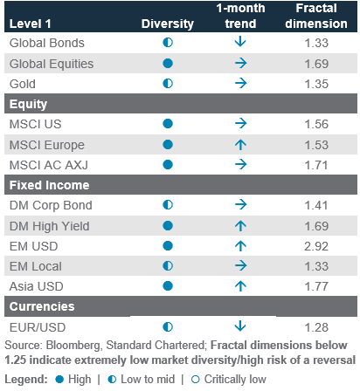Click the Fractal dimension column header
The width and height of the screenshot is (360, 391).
316,16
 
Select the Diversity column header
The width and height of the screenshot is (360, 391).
168,24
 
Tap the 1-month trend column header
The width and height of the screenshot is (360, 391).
240,16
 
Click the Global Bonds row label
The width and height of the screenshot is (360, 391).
47,43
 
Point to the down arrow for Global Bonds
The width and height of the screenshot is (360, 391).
240,42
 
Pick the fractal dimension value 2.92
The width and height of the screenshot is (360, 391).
316,246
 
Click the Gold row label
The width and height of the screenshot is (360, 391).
23,84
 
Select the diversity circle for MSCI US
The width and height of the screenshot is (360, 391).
168,124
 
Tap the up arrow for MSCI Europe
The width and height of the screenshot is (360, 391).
240,145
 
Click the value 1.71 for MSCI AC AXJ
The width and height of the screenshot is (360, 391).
316,165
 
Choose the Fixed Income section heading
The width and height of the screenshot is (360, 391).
50,185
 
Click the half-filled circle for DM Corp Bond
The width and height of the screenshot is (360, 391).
168,205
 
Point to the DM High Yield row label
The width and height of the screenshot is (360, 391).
50,226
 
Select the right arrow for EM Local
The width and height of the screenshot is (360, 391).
241,265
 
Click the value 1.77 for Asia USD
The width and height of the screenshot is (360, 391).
316,286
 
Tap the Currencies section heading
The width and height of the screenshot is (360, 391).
42,306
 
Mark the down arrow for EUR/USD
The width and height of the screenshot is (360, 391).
240,326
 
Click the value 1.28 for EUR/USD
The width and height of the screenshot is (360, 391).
316,327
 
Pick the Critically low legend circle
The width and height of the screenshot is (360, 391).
196,380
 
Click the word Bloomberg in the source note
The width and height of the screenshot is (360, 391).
73,346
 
